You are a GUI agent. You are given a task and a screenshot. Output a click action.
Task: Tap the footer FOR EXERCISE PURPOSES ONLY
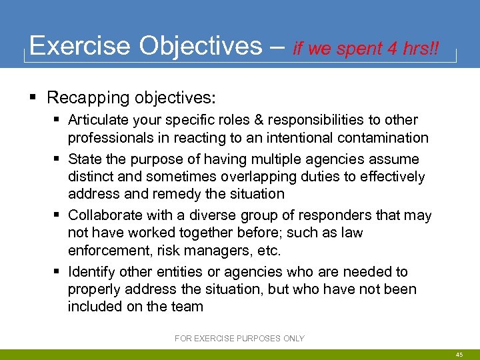pos(239,339)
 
